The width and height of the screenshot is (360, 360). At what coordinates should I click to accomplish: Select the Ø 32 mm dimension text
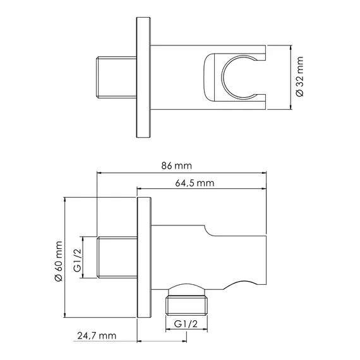point(300,76)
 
